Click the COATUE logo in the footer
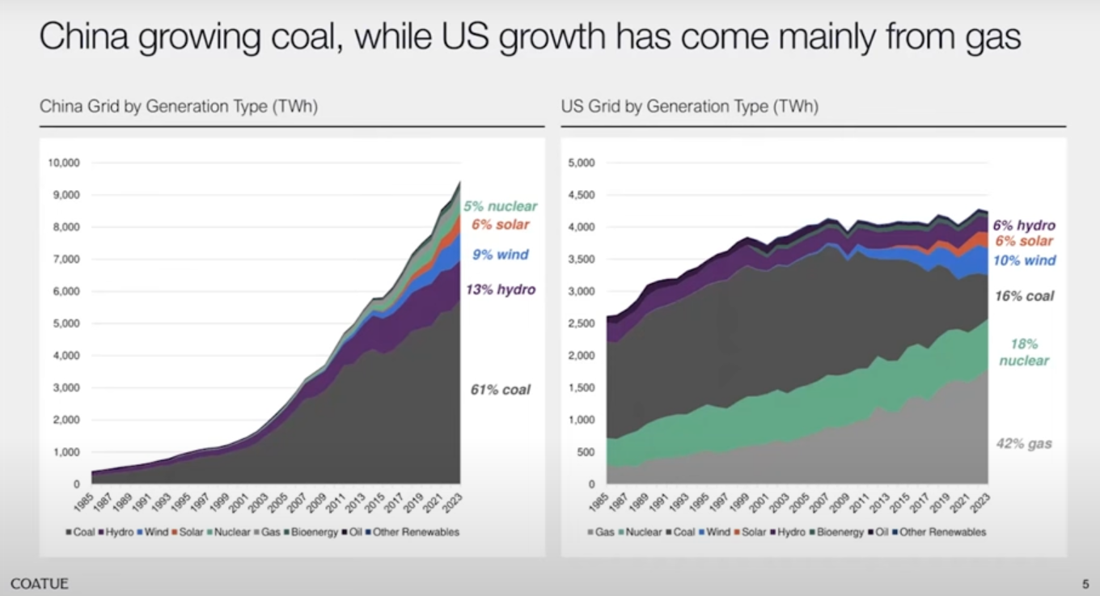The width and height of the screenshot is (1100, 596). coord(40,584)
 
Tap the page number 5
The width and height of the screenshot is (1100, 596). coord(1085,584)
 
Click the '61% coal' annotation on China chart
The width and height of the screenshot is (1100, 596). coord(500,390)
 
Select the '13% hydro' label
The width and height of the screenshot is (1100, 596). coord(500,290)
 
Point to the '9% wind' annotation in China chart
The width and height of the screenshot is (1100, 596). coord(501,255)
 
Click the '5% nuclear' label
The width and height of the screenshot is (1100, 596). coord(500,206)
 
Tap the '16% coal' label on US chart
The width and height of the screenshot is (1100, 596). coord(1024,296)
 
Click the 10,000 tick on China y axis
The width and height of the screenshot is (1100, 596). coord(65,163)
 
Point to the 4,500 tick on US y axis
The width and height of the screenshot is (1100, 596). coord(582,195)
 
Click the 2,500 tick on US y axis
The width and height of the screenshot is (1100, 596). coord(582,323)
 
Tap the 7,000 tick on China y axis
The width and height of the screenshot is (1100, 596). coord(67,260)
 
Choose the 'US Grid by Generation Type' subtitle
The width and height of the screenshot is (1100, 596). coord(689,107)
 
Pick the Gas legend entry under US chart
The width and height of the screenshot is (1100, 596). coord(600,532)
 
